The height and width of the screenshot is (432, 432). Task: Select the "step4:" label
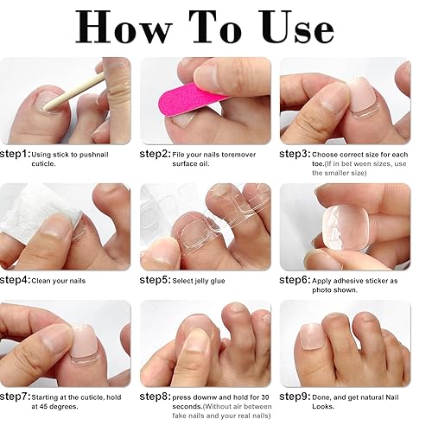[x=20, y=281]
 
